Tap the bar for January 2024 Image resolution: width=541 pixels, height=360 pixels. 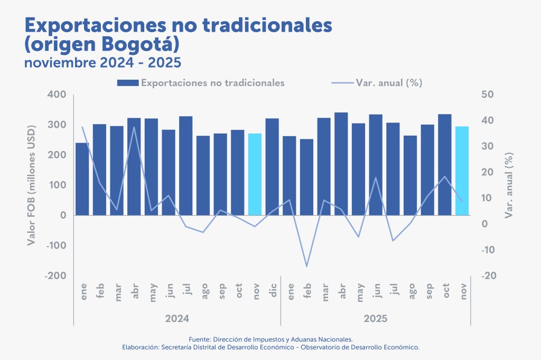click(x=82, y=179)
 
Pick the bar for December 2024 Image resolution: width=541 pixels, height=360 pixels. click(x=272, y=167)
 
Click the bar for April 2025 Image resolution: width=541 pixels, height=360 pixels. click(x=341, y=164)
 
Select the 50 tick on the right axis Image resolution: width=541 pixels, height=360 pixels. click(x=487, y=94)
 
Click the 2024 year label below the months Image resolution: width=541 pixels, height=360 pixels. click(x=177, y=319)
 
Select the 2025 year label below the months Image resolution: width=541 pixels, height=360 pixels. click(x=375, y=319)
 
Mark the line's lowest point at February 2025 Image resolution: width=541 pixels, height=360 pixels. click(x=306, y=266)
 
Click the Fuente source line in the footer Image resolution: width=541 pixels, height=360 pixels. click(x=270, y=339)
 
